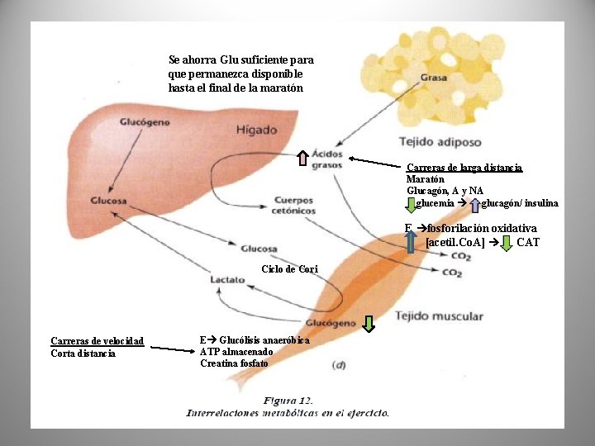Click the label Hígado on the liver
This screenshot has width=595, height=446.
[257, 130]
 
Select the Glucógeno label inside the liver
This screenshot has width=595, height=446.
[145, 122]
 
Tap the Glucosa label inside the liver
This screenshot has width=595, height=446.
[108, 201]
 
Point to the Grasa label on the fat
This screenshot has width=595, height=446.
[434, 78]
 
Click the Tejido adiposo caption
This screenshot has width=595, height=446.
[440, 142]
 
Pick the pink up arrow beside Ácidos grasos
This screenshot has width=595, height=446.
[302, 158]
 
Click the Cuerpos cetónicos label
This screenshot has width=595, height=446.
[293, 205]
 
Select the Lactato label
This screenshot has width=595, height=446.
[228, 280]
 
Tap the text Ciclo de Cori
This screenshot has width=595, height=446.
[290, 269]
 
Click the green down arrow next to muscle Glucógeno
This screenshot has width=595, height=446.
[368, 324]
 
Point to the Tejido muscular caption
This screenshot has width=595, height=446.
[439, 316]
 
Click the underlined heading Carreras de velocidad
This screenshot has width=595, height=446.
[98, 341]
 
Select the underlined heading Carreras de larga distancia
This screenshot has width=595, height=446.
[464, 168]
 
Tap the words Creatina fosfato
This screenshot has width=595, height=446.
[234, 363]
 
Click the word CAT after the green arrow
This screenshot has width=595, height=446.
[528, 242]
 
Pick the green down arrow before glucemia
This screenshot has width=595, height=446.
[411, 205]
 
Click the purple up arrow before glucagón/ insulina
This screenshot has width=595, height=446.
[474, 205]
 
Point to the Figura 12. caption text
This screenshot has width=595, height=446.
[288, 401]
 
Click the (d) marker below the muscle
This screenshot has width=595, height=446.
[339, 365]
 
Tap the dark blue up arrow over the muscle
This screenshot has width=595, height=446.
[410, 241]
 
